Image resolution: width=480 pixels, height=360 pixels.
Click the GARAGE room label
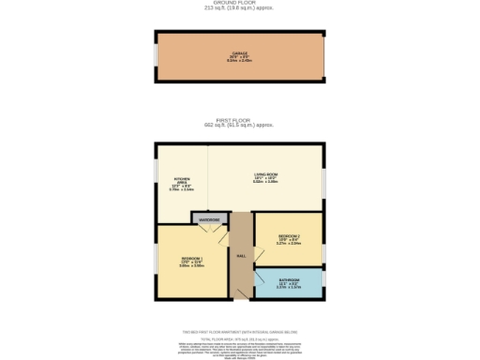(x=240, y=54)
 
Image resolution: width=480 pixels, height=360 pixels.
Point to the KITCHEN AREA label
(x=180, y=184)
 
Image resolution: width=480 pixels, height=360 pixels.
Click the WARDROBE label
(x=208, y=219)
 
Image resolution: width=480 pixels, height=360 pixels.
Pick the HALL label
(x=241, y=256)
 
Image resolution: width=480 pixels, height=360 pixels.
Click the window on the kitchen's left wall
(x=157, y=178)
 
